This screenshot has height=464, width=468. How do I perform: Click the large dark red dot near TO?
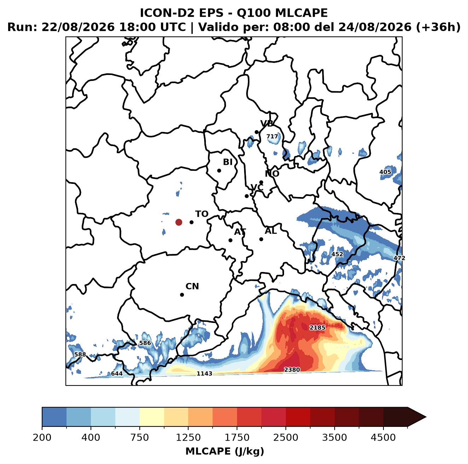179,222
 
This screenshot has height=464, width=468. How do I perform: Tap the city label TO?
202,214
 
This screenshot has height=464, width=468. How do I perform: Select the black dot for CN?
182,295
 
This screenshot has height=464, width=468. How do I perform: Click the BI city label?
228,162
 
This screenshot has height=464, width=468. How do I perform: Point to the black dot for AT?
231,240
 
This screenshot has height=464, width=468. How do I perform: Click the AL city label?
271,231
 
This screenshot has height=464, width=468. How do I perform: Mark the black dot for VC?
247,196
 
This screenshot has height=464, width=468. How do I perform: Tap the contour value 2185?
317,327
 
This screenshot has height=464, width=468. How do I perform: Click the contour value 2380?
292,370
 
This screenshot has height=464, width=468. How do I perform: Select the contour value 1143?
204,373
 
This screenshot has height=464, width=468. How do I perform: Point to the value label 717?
272,137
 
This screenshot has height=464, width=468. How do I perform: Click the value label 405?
385,172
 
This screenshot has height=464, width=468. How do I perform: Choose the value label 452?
337,254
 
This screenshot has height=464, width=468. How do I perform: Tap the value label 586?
145,343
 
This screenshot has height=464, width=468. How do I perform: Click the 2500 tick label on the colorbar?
285,437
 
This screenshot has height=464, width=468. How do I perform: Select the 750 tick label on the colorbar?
139,437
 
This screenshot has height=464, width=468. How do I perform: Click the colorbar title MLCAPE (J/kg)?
225,451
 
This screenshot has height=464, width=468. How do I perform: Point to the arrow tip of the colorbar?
426,417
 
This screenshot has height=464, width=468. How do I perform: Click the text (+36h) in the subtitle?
438,27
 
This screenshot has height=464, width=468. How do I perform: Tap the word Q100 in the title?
254,13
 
